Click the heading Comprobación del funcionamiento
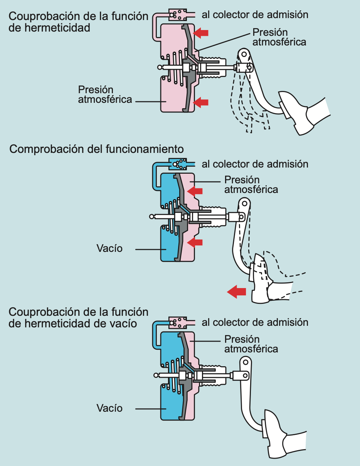[x=96, y=149]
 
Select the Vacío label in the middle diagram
[x=109, y=248]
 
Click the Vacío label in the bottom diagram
[x=109, y=408]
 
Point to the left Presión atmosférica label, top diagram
[x=105, y=94]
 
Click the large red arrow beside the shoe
[x=236, y=291]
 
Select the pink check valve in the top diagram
[x=178, y=15]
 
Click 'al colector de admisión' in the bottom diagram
[x=255, y=322]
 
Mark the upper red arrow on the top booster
[x=201, y=33]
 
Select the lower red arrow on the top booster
[x=201, y=102]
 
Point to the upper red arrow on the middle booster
[x=195, y=190]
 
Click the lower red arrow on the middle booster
[x=195, y=242]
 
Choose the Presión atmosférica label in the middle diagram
[x=251, y=184]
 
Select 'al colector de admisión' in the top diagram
[x=255, y=15]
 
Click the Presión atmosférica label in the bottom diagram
[x=251, y=344]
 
